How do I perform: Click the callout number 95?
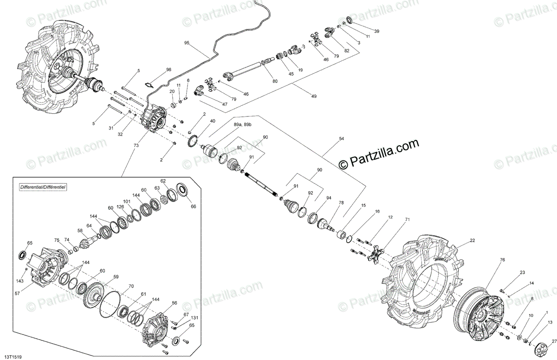click(187, 43)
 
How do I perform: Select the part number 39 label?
click(377, 31)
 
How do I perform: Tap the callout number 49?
click(314, 96)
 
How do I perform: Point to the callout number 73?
click(136, 146)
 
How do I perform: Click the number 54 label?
click(342, 139)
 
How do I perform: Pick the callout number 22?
click(473, 240)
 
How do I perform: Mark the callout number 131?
click(194, 318)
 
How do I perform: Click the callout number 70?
click(131, 286)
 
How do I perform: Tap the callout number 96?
click(168, 70)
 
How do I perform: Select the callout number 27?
click(554, 341)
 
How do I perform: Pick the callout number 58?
click(80, 231)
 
